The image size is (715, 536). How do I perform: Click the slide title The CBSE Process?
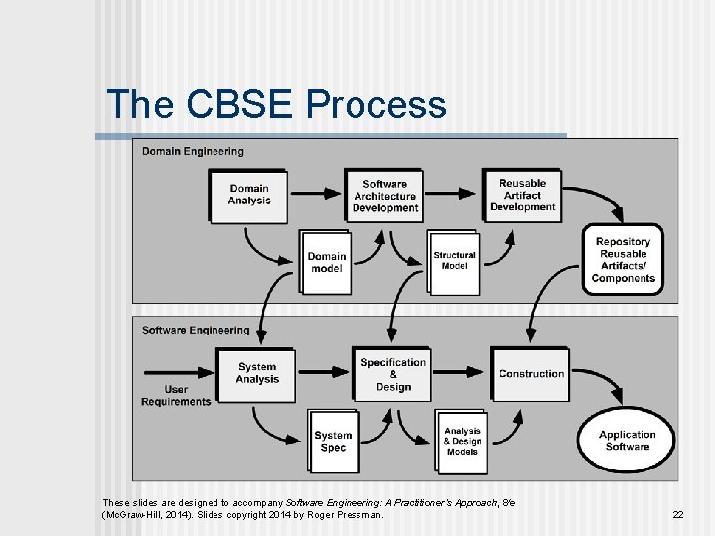[276, 104]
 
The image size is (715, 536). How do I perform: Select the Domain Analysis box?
[248, 196]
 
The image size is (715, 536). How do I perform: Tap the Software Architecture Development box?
[384, 196]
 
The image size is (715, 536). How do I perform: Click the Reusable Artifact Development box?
[522, 195]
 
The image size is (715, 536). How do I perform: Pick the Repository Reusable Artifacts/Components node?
[623, 260]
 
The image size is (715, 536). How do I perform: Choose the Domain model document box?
[327, 262]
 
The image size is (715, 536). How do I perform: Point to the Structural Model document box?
[454, 261]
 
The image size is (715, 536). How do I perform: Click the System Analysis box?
[257, 374]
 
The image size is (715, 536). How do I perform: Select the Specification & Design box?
[393, 374]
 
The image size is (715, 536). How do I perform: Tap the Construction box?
[531, 374]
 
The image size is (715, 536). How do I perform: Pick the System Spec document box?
[333, 441]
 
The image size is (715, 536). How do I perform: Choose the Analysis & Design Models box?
[461, 441]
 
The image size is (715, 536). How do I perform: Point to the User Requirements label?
[176, 396]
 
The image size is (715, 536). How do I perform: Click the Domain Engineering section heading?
[193, 151]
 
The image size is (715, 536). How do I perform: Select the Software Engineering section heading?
[196, 330]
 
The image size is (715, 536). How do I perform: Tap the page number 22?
[678, 514]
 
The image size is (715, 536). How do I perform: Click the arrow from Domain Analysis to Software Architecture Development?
[315, 192]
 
